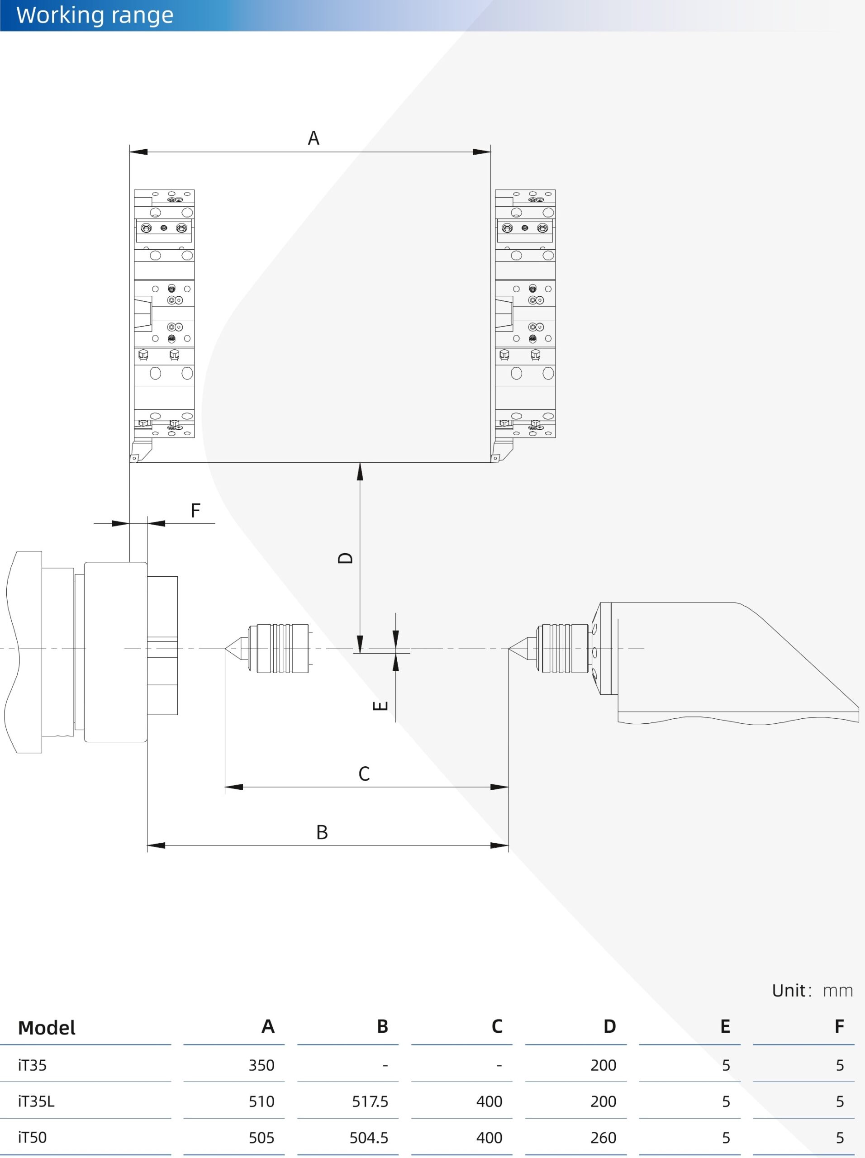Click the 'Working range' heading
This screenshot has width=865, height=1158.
(95, 15)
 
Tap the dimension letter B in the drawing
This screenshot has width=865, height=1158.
(322, 832)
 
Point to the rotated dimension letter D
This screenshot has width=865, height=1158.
(346, 558)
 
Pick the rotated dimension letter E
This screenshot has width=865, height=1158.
(380, 706)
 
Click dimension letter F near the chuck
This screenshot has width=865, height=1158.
(195, 510)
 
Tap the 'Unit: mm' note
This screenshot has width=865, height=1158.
(812, 991)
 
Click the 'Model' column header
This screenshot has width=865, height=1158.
(47, 1028)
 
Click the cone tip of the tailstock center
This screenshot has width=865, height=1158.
(509, 649)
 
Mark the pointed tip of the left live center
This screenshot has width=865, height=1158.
(226, 649)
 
